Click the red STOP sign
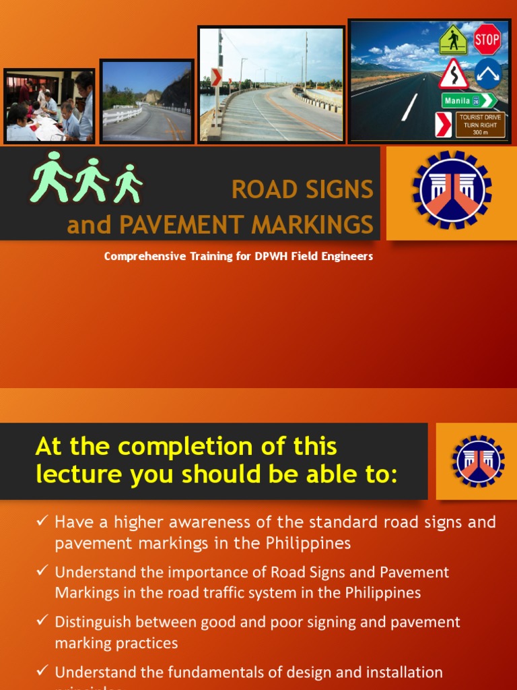487,40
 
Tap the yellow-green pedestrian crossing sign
453,40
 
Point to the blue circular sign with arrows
488,73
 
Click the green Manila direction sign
469,101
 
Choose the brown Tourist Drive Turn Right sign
480,125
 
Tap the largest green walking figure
50,177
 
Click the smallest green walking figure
128,183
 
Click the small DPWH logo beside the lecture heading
479,461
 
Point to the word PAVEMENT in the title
182,224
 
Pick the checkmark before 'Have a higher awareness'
42,522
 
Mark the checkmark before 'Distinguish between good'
42,621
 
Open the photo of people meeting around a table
49,106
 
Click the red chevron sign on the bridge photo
216,77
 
